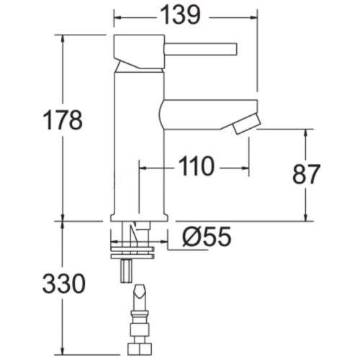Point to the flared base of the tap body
pyautogui.click(x=140, y=217)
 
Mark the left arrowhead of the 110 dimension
pyautogui.click(x=141, y=167)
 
